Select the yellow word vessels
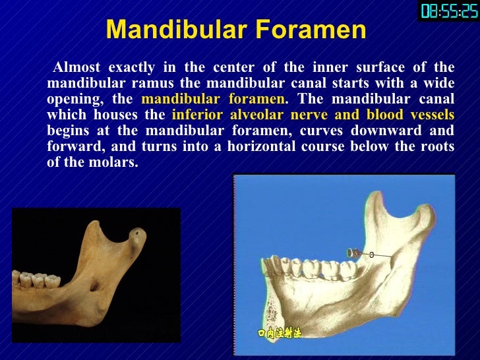tap(427, 115)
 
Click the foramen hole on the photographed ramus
tap(94, 285)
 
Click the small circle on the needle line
tap(371, 254)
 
